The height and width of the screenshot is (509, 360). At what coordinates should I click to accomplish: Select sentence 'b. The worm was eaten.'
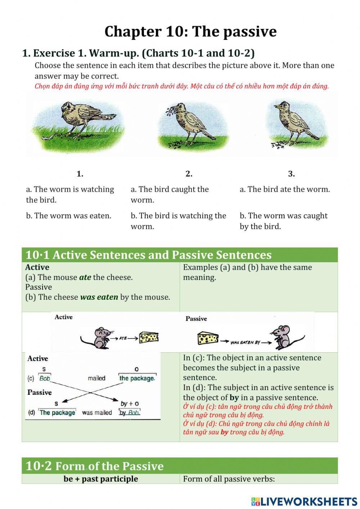(x=68, y=216)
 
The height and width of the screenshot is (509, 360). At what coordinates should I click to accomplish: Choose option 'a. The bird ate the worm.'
(x=284, y=189)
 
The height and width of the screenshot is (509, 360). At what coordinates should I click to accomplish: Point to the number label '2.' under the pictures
(x=189, y=174)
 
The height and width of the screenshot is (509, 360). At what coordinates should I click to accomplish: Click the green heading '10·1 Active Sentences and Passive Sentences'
(x=148, y=255)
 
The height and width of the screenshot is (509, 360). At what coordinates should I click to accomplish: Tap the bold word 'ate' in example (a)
(x=85, y=277)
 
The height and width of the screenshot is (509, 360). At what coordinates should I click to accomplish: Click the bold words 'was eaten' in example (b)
(x=99, y=297)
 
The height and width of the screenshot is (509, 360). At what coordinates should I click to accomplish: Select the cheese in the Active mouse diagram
(x=149, y=338)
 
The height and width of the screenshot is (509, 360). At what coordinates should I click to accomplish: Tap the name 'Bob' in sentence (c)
(x=45, y=378)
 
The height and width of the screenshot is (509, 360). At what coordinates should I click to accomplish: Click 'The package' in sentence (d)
(x=58, y=412)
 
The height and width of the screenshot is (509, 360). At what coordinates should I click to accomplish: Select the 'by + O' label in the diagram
(x=130, y=404)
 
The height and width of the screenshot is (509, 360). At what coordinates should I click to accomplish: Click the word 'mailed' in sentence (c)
(x=96, y=378)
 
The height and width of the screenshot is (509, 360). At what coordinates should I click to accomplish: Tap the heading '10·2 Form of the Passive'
(x=94, y=466)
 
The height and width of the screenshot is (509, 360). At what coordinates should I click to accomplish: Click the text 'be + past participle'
(x=101, y=479)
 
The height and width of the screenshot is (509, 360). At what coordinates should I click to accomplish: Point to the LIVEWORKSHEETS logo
(x=304, y=501)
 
